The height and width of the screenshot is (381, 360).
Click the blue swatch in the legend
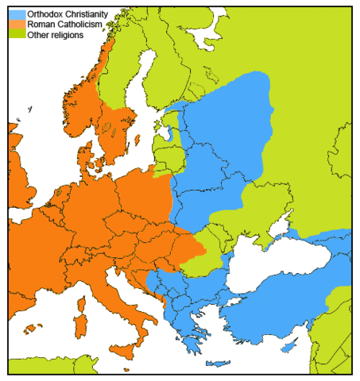coord(17,14)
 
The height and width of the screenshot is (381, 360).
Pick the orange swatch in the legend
coord(17,25)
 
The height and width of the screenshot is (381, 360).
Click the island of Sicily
coord(122,350)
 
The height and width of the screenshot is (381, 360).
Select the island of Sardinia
coord(79,325)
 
